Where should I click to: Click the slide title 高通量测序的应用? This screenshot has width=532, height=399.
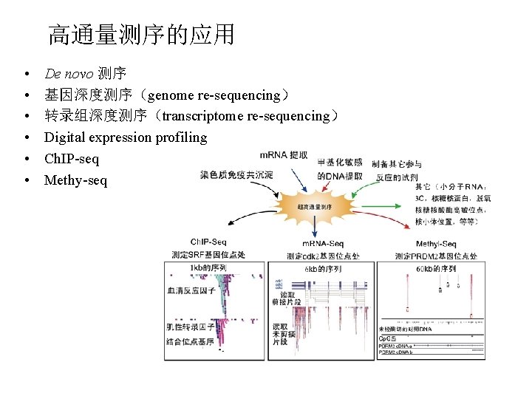[141, 35]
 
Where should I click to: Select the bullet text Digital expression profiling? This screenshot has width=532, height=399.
[126, 137]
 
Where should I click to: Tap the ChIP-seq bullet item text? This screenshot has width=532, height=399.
[72, 159]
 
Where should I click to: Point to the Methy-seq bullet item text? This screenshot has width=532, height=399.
[75, 180]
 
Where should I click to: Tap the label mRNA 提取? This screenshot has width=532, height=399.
[284, 155]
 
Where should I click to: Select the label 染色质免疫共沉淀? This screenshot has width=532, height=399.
[236, 175]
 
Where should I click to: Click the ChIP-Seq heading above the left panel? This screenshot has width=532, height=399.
[208, 242]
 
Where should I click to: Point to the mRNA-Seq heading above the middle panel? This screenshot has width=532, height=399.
[323, 243]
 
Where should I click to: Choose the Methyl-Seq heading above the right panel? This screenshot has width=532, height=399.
[436, 244]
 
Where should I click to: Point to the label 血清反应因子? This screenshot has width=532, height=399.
[191, 290]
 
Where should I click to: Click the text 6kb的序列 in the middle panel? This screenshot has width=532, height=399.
[323, 269]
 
